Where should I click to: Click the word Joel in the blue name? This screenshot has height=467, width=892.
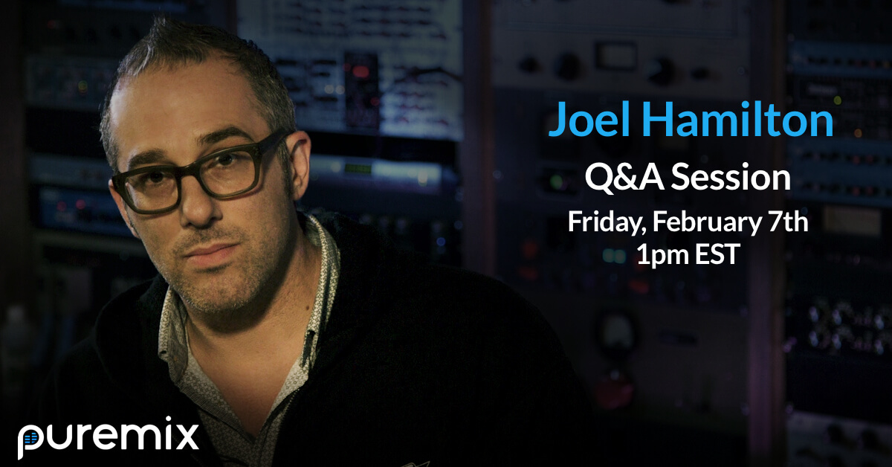click(589, 119)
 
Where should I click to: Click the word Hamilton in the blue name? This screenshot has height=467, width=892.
click(738, 119)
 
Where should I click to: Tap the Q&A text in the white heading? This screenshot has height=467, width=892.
click(624, 177)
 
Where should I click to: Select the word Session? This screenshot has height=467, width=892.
click(731, 178)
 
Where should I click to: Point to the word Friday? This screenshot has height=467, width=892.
click(607, 222)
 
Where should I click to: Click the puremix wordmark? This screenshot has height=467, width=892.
click(108, 437)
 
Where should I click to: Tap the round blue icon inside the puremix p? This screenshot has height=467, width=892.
click(30, 438)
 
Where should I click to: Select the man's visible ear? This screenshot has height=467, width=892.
click(300, 164)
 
